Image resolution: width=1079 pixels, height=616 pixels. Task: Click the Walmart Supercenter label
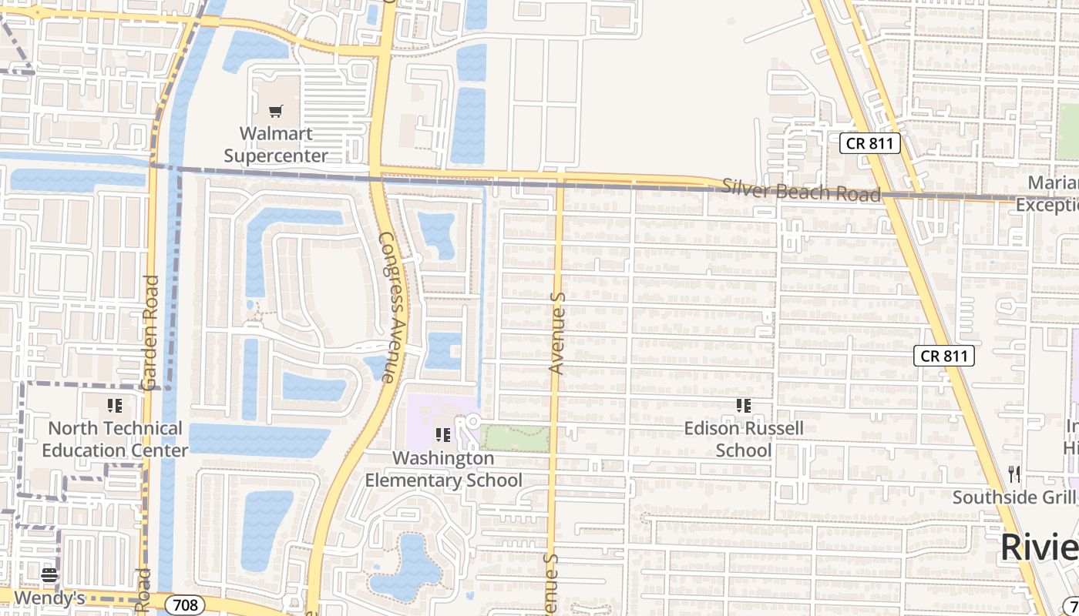pyautogui.click(x=276, y=144)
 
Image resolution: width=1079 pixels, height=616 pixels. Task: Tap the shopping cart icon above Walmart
pyautogui.click(x=276, y=112)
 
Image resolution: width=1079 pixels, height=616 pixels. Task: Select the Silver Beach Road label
pyautogui.click(x=801, y=189)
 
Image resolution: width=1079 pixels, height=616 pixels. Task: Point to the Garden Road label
pyautogui.click(x=150, y=332)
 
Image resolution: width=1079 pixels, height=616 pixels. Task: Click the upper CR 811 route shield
pyautogui.click(x=870, y=142)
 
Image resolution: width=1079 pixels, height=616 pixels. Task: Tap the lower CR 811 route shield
pyautogui.click(x=944, y=356)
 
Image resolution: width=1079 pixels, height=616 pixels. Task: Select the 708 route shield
pyautogui.click(x=186, y=605)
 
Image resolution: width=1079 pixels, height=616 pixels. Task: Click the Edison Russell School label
pyautogui.click(x=744, y=439)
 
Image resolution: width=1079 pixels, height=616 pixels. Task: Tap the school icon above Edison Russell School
pyautogui.click(x=744, y=405)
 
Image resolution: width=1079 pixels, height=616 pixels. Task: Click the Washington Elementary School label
pyautogui.click(x=443, y=469)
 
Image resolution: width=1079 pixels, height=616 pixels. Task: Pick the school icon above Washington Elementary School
pyautogui.click(x=443, y=435)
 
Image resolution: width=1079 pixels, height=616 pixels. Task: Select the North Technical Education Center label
pyautogui.click(x=115, y=439)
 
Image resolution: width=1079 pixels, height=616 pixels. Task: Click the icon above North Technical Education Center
pyautogui.click(x=115, y=405)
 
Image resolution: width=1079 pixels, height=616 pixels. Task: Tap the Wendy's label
pyautogui.click(x=49, y=598)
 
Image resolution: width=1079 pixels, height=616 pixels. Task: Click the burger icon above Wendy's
pyautogui.click(x=49, y=574)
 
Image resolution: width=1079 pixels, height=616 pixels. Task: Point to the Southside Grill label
pyautogui.click(x=1014, y=497)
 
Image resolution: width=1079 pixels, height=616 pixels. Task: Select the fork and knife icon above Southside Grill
pyautogui.click(x=1014, y=474)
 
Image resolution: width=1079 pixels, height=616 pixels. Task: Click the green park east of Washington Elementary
pyautogui.click(x=515, y=437)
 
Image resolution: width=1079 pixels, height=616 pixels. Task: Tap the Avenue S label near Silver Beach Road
pyautogui.click(x=557, y=333)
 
